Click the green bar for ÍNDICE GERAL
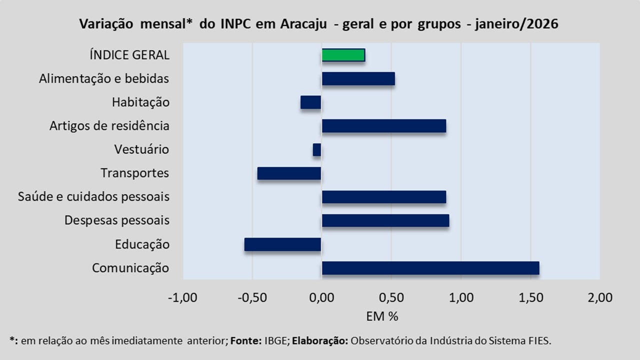point(343,55)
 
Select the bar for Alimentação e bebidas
point(358,78)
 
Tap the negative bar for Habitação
point(310,102)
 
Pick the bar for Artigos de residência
point(383,126)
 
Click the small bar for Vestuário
point(317,149)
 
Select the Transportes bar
point(289,173)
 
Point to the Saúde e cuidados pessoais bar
point(383,197)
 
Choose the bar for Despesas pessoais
point(385,220)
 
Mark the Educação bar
point(282,244)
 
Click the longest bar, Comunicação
point(430,268)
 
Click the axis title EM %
point(382,316)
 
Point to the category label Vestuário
point(141,149)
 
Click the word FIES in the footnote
point(540,341)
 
